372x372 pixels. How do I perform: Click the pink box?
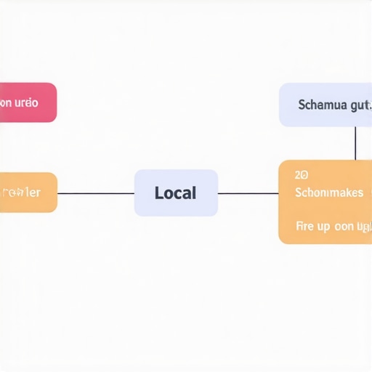coord(28,102)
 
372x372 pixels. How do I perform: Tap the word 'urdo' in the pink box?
coord(27,102)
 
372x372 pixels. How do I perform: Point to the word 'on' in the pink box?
coord(6,102)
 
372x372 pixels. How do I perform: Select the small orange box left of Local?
coord(28,193)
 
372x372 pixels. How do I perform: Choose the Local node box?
coord(176,193)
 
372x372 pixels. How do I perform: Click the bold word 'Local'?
coord(176,193)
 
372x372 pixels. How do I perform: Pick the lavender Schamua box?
coord(325,105)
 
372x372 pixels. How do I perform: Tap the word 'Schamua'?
coord(323,105)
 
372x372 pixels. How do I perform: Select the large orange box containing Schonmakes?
coord(325,202)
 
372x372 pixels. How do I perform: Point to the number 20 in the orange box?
coord(302,175)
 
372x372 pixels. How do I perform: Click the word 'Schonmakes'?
coord(329,193)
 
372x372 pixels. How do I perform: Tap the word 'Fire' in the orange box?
coord(306,226)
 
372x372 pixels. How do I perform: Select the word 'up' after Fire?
coord(324,227)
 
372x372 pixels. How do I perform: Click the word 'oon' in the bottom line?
coord(344,227)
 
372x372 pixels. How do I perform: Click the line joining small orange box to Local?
coord(96,193)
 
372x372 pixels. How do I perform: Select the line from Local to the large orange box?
coord(248,193)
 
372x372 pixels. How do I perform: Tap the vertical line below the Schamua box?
coord(355,143)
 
